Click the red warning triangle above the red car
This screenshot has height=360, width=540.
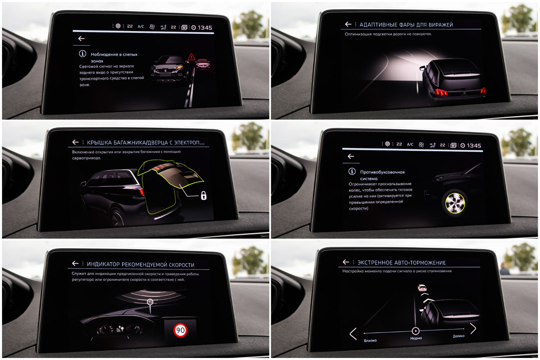click(x=192, y=57)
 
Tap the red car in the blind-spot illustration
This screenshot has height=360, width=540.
click(x=203, y=64)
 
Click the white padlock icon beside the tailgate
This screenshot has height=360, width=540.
click(x=204, y=196)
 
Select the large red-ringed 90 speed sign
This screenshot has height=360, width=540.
click(x=180, y=330)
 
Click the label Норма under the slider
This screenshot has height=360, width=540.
click(x=416, y=338)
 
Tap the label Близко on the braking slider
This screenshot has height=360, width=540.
click(x=370, y=341)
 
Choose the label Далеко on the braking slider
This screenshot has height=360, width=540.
click(x=459, y=336)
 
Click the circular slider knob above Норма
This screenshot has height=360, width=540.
click(x=416, y=331)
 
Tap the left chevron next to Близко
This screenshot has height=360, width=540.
click(x=353, y=334)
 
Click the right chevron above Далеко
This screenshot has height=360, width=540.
click(x=473, y=328)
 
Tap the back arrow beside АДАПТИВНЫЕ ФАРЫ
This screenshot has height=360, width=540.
click(x=348, y=24)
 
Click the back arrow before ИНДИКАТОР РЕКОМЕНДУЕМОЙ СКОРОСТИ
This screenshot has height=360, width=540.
click(x=75, y=263)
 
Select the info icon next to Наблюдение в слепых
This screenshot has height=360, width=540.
click(x=82, y=54)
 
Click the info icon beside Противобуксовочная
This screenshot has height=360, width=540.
click(x=352, y=171)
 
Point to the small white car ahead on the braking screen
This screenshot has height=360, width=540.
click(x=422, y=287)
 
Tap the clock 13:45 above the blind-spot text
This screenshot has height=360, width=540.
click(x=205, y=28)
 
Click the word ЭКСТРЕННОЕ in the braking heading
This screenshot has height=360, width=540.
click(x=374, y=263)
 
